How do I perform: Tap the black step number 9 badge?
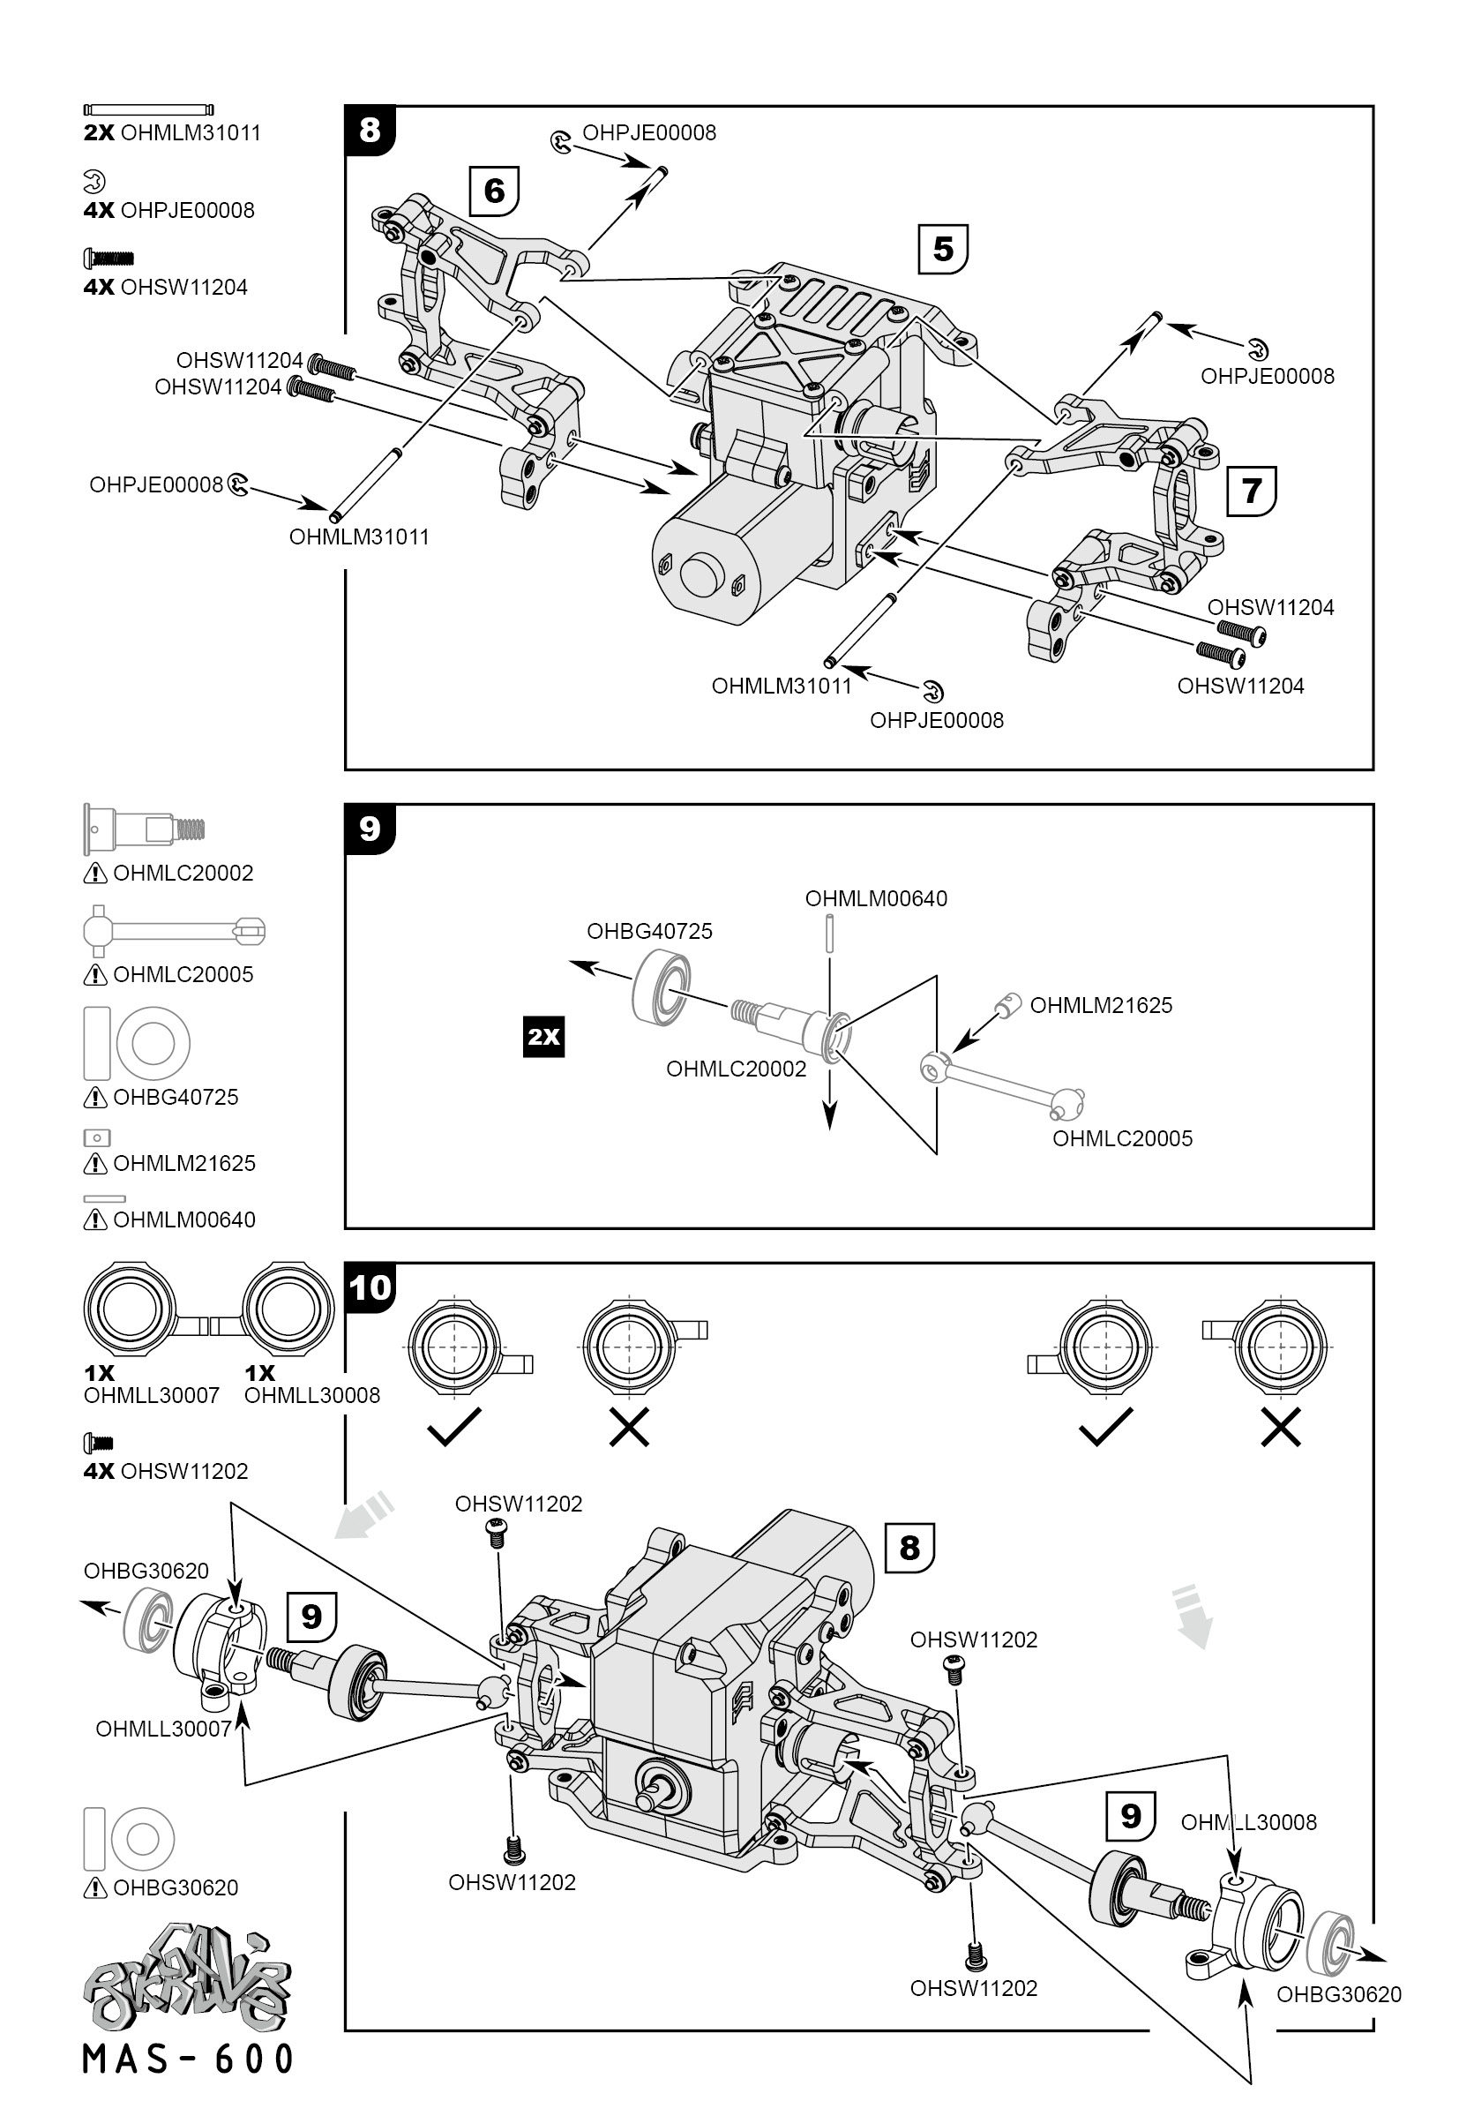pyautogui.click(x=370, y=829)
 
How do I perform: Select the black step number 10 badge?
pyautogui.click(x=370, y=1287)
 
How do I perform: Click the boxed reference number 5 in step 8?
pyautogui.click(x=942, y=249)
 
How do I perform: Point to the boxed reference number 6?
pyautogui.click(x=494, y=191)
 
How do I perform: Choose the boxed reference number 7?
pyautogui.click(x=1251, y=491)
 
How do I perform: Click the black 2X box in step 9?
pyautogui.click(x=543, y=1036)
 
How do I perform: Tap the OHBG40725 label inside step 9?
pyautogui.click(x=649, y=931)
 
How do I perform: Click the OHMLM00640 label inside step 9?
pyautogui.click(x=876, y=898)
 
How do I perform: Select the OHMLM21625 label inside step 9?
pyautogui.click(x=1101, y=1005)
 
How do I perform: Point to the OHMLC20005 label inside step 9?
pyautogui.click(x=1123, y=1138)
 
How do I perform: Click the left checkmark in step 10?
pyautogui.click(x=454, y=1427)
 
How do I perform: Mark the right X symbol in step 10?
pyautogui.click(x=1280, y=1427)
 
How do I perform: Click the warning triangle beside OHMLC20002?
pyautogui.click(x=95, y=874)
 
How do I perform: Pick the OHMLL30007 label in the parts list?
pyautogui.click(x=152, y=1395)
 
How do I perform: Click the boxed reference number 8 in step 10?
pyautogui.click(x=909, y=1547)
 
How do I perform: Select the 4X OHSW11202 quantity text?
pyautogui.click(x=166, y=1471)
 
